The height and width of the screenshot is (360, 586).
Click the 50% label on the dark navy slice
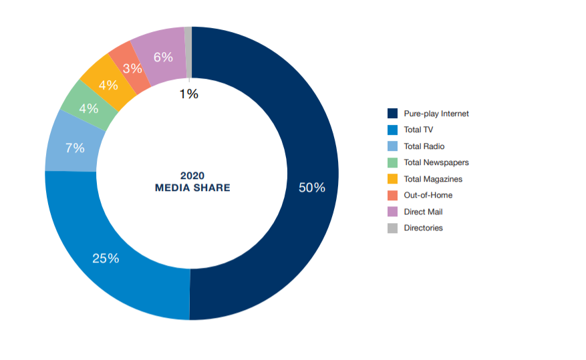pyautogui.click(x=312, y=188)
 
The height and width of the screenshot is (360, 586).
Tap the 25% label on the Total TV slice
pyautogui.click(x=106, y=258)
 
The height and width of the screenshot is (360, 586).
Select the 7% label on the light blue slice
pyautogui.click(x=74, y=148)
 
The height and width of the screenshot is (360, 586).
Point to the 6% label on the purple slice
pyautogui.click(x=163, y=57)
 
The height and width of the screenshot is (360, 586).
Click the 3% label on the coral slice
pyautogui.click(x=132, y=68)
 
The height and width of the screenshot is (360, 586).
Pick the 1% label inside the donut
pyautogui.click(x=188, y=94)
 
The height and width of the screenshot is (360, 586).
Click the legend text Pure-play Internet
pyautogui.click(x=436, y=114)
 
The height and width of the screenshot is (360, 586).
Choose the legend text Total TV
pyautogui.click(x=418, y=130)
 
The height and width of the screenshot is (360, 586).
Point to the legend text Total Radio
pyautogui.click(x=424, y=146)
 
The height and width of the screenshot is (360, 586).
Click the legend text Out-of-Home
pyautogui.click(x=428, y=195)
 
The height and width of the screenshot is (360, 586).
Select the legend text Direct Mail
pyautogui.click(x=423, y=212)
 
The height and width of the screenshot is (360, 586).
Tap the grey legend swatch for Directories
pyautogui.click(x=392, y=228)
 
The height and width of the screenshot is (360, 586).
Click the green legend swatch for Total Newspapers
pyautogui.click(x=392, y=162)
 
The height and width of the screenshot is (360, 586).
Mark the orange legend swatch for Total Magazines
pyautogui.click(x=392, y=179)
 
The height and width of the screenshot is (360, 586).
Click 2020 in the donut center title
pyautogui.click(x=192, y=176)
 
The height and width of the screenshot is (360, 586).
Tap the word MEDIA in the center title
pyautogui.click(x=172, y=188)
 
